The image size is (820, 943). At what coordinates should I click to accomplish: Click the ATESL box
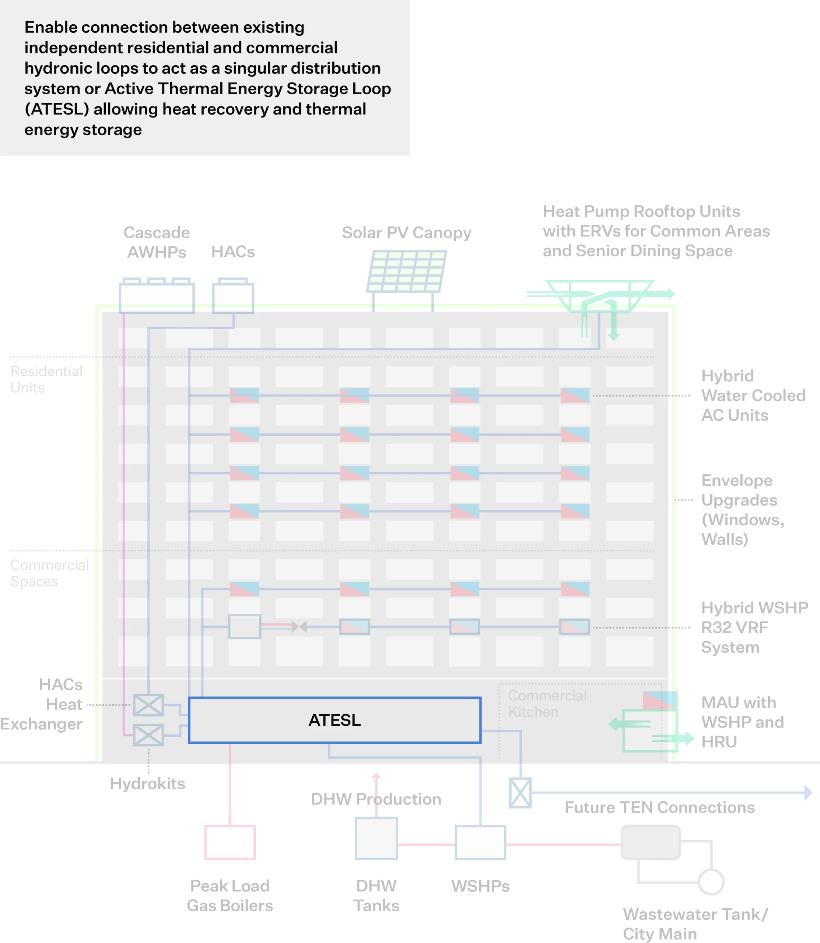(334, 720)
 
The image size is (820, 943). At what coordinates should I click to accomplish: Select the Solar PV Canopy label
(406, 233)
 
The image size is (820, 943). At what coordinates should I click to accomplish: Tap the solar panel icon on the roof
(406, 271)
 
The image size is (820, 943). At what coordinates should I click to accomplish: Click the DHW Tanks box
(376, 838)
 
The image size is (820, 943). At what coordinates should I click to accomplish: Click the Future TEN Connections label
(659, 807)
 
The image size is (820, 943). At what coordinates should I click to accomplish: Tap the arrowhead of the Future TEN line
(808, 792)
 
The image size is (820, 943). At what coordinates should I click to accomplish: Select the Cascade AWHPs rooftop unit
(157, 297)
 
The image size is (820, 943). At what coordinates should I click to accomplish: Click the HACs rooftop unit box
(233, 297)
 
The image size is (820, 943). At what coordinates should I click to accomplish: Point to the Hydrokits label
(147, 784)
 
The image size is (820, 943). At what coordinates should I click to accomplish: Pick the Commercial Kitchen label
(547, 704)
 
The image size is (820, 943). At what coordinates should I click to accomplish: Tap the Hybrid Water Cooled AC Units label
(753, 395)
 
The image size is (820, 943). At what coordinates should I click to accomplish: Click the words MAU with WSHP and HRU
(742, 722)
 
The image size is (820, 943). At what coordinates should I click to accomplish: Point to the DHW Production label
(376, 799)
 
